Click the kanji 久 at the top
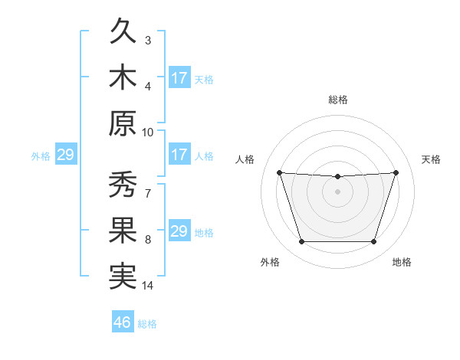coord(123,33)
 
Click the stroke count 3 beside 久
coord(148,40)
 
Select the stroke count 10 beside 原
coord(148,132)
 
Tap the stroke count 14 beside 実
coord(148,286)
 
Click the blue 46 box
coord(123,322)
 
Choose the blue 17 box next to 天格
coord(179,78)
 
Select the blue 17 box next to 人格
coord(179,155)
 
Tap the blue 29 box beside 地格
coord(179,231)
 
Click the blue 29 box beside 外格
coord(65,155)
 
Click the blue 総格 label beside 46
coord(147,324)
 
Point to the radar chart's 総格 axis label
coord(338,100)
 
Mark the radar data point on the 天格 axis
coord(396,172)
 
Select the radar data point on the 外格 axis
coord(301,242)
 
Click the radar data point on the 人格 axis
coord(279,172)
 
